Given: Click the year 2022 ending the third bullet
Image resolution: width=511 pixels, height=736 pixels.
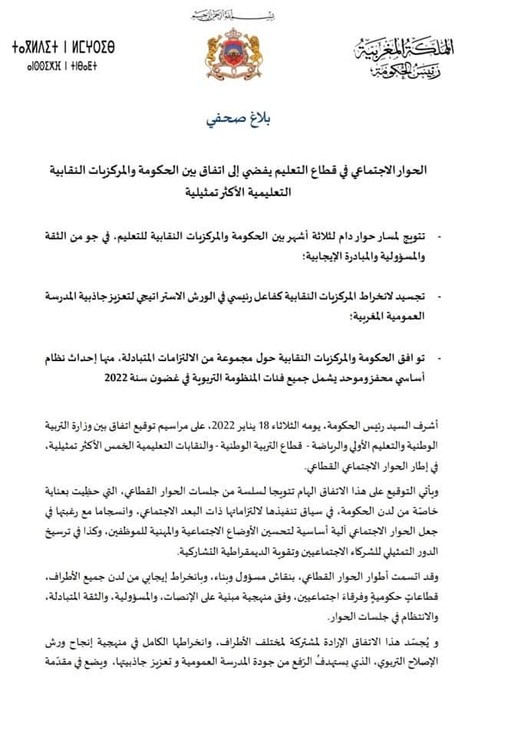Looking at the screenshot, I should click(127, 378).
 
